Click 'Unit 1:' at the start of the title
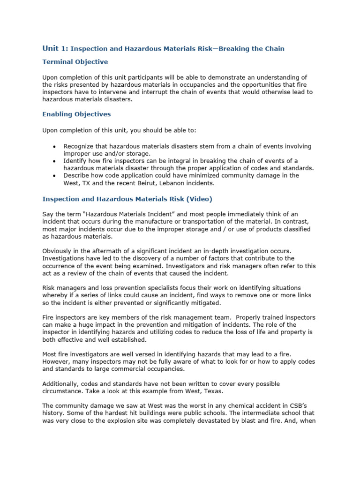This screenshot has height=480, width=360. pyautogui.click(x=55, y=49)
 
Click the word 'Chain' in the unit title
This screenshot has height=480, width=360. pyautogui.click(x=274, y=49)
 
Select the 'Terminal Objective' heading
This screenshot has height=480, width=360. pyautogui.click(x=75, y=62)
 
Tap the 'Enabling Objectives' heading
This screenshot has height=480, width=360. pyautogui.click(x=76, y=114)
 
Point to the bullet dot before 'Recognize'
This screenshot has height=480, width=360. pyautogui.click(x=56, y=147)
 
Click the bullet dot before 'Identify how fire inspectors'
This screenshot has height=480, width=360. pyautogui.click(x=56, y=161)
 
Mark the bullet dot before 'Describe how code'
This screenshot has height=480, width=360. pyautogui.click(x=56, y=175)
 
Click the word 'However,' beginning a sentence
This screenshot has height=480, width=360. pyautogui.click(x=58, y=361)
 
